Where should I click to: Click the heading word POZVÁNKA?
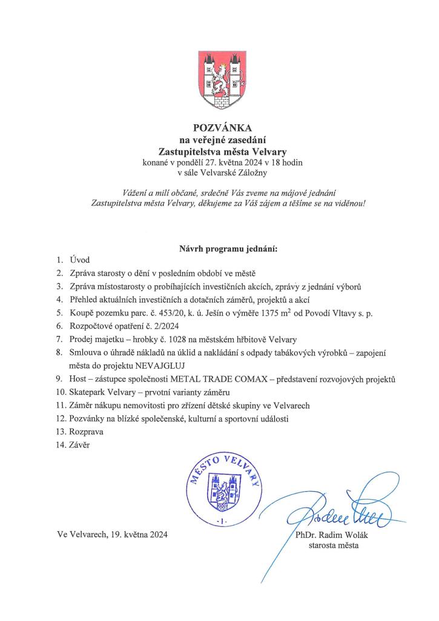(219, 128)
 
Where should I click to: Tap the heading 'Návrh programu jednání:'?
(219, 249)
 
